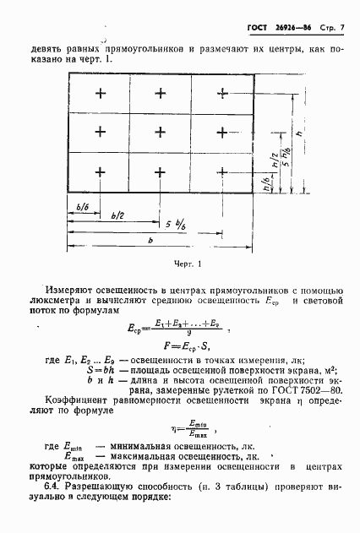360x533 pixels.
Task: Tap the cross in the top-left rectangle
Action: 100,92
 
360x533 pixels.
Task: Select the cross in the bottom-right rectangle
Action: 221,171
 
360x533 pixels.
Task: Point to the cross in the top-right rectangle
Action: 221,92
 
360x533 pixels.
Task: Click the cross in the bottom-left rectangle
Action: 100,171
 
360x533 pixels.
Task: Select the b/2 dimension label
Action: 117,217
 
